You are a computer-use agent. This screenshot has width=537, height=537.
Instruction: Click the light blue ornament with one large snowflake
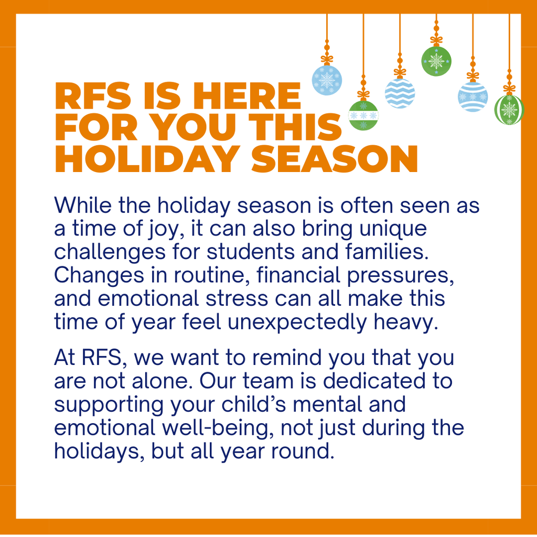point(327,80)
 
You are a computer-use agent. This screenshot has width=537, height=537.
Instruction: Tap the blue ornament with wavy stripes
point(400,93)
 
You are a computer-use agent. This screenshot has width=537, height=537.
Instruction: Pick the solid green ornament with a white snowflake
point(436,61)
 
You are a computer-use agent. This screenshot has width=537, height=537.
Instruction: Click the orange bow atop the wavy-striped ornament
point(400,72)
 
